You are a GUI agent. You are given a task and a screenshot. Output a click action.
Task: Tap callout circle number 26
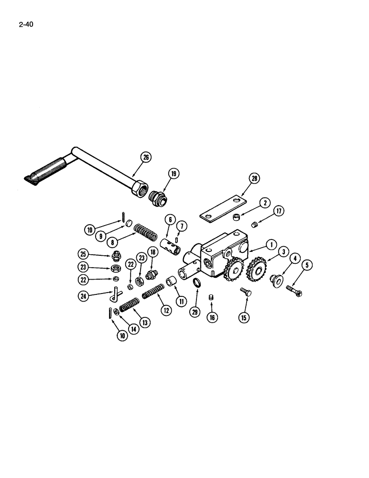(x=145, y=156)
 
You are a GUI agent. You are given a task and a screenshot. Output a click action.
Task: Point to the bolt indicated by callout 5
(x=293, y=291)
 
